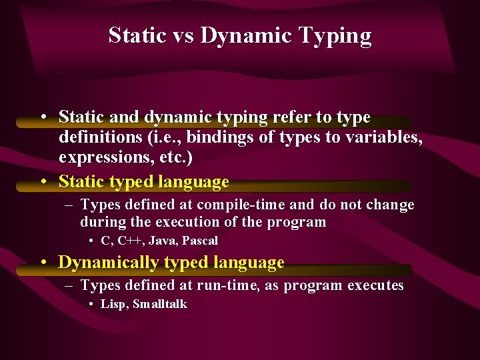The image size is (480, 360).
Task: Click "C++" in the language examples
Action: pyautogui.click(x=128, y=241)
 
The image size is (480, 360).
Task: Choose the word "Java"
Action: pyautogui.click(x=163, y=241)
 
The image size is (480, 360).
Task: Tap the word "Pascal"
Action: pyautogui.click(x=201, y=241)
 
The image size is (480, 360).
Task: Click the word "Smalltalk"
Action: pyautogui.click(x=160, y=304)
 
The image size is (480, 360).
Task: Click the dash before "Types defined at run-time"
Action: pyautogui.click(x=70, y=286)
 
